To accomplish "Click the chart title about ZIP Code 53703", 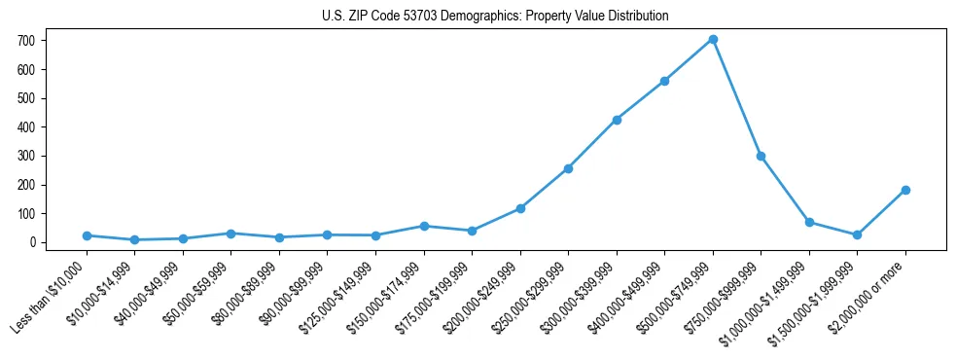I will (x=495, y=17).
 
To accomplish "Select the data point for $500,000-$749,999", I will (x=713, y=39).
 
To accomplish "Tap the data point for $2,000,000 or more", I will (x=905, y=190).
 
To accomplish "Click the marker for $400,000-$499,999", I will (x=664, y=81).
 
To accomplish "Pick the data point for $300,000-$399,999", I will (x=617, y=120).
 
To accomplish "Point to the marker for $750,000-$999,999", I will (x=761, y=156).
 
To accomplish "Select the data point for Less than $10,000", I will (x=87, y=235).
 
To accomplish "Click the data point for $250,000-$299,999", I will (x=568, y=168).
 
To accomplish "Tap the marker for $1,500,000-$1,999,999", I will (x=857, y=234).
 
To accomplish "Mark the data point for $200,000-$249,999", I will (x=520, y=208).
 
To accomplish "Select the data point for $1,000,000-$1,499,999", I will (x=809, y=222).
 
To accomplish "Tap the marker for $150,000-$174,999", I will (x=424, y=226).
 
